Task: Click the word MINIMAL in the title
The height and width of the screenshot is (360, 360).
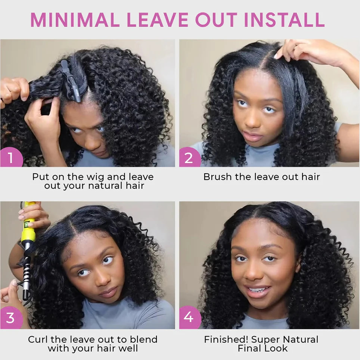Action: tap(75, 20)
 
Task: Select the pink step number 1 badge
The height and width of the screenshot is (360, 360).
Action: tap(12, 158)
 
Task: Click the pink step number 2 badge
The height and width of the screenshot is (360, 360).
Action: tap(190, 158)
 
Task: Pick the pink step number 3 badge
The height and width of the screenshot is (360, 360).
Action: tap(12, 318)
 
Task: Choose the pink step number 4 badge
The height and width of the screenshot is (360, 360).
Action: tap(190, 317)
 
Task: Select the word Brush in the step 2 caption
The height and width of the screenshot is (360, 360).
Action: tap(218, 177)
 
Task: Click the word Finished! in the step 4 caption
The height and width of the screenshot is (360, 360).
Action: tap(226, 339)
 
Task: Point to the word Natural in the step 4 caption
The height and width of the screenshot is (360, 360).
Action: tap(301, 339)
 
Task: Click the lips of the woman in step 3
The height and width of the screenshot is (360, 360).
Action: tap(108, 292)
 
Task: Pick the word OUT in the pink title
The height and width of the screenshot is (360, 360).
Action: tap(216, 20)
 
